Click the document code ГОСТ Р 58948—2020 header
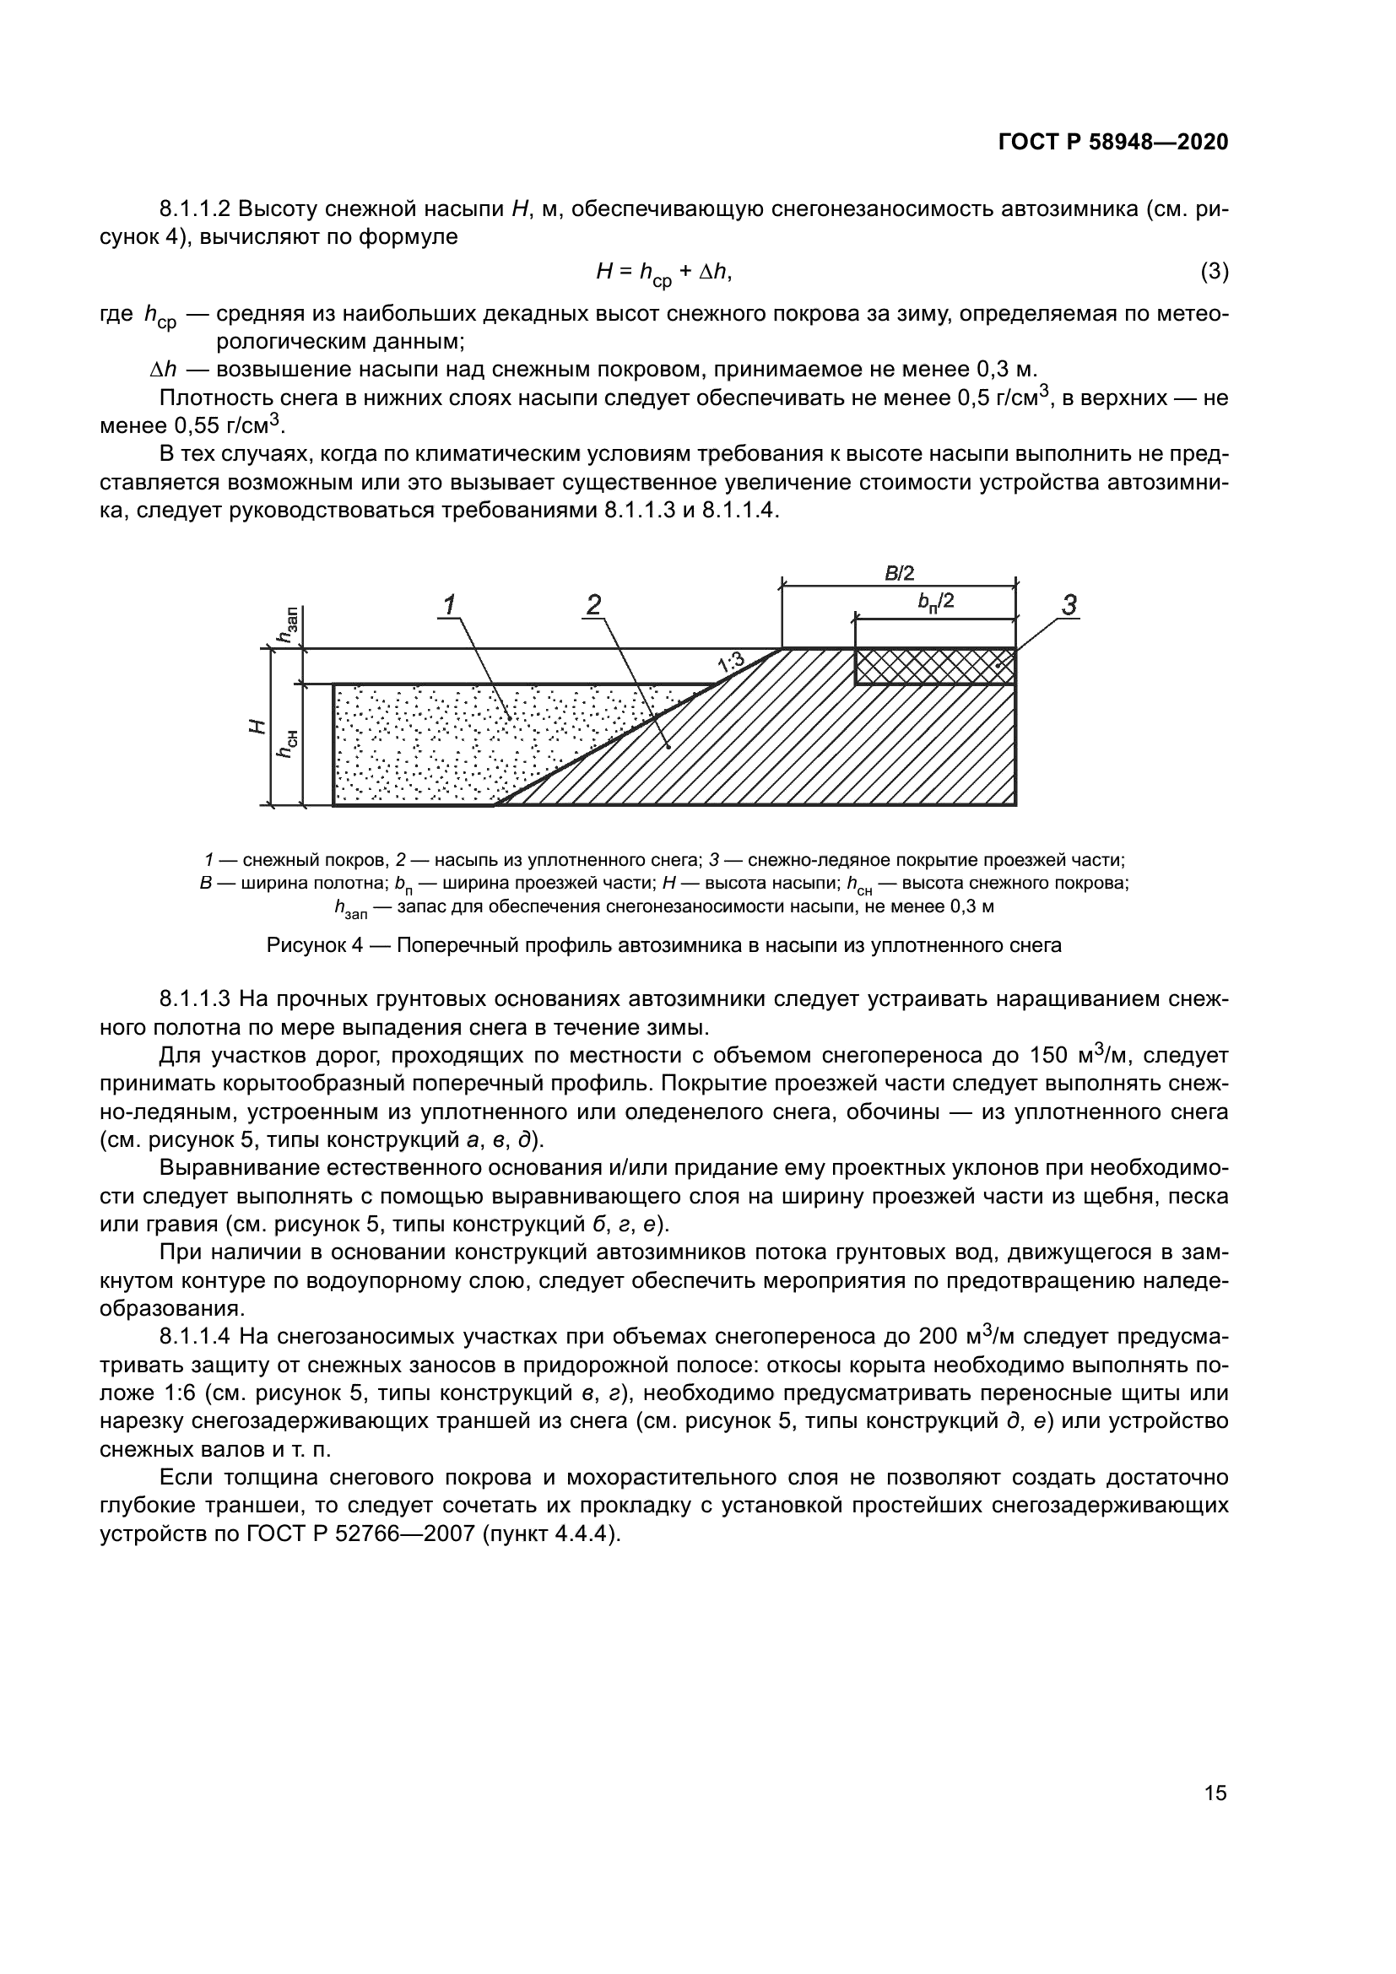(1112, 143)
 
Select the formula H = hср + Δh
(663, 273)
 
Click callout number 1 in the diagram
(450, 605)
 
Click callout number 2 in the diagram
(593, 605)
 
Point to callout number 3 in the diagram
(1069, 605)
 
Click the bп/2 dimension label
(936, 603)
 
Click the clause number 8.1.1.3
(195, 999)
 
